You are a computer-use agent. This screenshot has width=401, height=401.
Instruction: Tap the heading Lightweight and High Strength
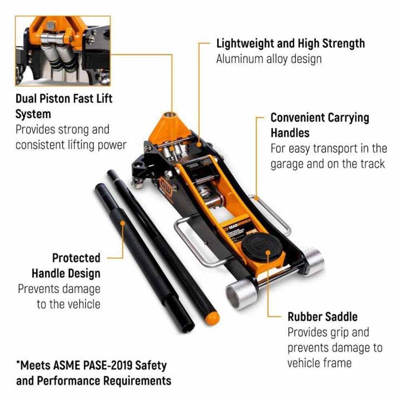(x=290, y=43)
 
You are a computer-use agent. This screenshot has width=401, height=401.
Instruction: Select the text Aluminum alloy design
(x=269, y=59)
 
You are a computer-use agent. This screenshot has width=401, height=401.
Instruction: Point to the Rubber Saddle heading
(x=322, y=316)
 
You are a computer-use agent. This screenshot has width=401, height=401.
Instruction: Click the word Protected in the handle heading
(x=76, y=257)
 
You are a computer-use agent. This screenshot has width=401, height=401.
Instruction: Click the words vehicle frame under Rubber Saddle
(x=319, y=363)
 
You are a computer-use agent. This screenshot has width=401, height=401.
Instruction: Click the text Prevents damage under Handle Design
(x=59, y=289)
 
